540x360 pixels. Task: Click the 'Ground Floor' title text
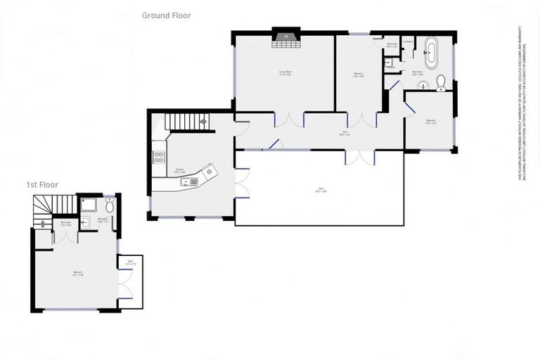pyautogui.click(x=166, y=15)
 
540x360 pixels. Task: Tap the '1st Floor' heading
pyautogui.click(x=42, y=184)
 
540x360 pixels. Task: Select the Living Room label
pyautogui.click(x=285, y=72)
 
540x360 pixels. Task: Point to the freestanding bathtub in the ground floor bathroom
pyautogui.click(x=431, y=51)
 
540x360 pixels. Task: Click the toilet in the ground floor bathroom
pyautogui.click(x=442, y=83)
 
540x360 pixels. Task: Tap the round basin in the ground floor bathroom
pyautogui.click(x=423, y=86)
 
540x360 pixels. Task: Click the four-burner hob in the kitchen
pyautogui.click(x=159, y=157)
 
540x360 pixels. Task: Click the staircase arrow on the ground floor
pyautogui.click(x=203, y=122)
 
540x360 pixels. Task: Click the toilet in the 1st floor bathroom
pyautogui.click(x=109, y=205)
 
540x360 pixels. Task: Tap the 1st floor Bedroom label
pyautogui.click(x=78, y=274)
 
